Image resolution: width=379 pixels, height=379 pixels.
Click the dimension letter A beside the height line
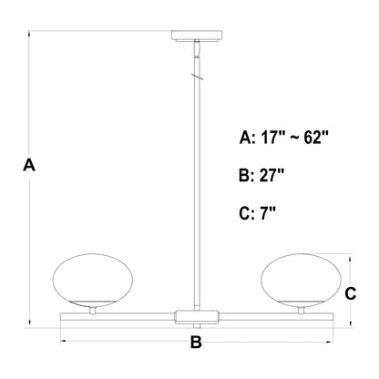[29, 165]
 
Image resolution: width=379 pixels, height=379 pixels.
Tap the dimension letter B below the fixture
[196, 343]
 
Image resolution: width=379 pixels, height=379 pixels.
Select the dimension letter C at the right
[351, 294]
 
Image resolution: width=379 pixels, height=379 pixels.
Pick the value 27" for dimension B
[271, 175]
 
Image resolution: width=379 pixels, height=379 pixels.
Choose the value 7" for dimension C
[267, 213]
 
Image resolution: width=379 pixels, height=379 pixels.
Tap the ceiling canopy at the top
[197, 36]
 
